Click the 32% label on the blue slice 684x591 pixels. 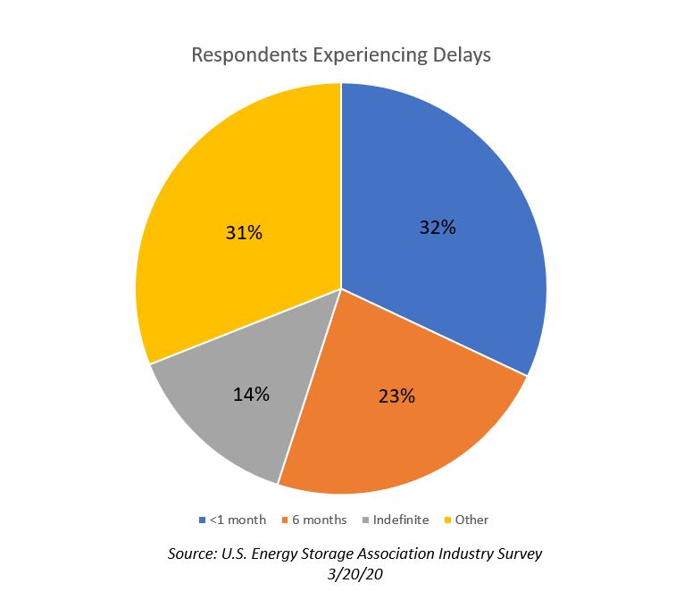(x=438, y=227)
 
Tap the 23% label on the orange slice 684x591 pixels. (x=396, y=395)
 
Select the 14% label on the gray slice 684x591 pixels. (x=252, y=394)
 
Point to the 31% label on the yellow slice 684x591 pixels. (x=243, y=233)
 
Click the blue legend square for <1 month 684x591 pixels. (x=202, y=520)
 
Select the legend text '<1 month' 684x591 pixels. (x=238, y=520)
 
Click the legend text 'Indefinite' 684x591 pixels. (x=401, y=520)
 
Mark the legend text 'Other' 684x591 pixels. (x=471, y=520)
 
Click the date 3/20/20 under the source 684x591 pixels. (x=355, y=573)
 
